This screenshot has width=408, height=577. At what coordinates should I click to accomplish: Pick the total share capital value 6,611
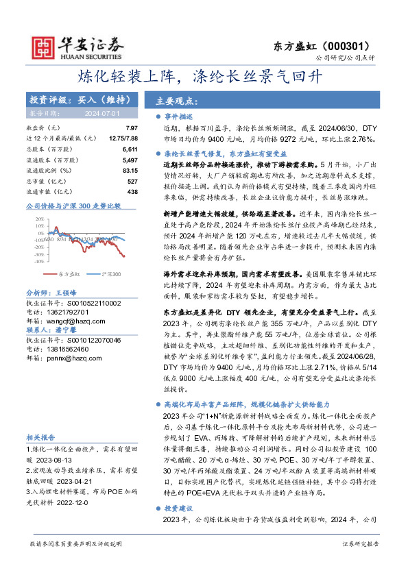pos(130,149)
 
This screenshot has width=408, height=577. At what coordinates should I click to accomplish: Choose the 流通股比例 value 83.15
pos(130,170)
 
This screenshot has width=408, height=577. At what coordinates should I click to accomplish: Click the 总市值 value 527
pos(132,180)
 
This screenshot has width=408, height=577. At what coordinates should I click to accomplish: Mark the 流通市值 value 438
pos(132,191)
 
